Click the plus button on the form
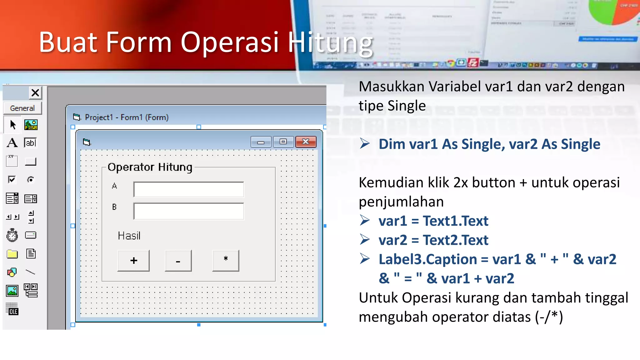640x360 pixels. pyautogui.click(x=133, y=260)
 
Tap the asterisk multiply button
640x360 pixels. pyautogui.click(x=226, y=260)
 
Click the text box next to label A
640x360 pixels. pyautogui.click(x=188, y=189)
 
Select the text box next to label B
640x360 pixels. pyautogui.click(x=188, y=211)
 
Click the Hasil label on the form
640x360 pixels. pyautogui.click(x=129, y=236)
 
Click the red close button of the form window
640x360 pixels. pyautogui.click(x=306, y=142)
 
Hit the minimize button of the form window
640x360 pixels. pyautogui.click(x=261, y=142)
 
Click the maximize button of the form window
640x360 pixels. pyautogui.click(x=283, y=142)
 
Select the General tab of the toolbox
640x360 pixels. pyautogui.click(x=22, y=108)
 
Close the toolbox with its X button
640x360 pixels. pyautogui.click(x=35, y=92)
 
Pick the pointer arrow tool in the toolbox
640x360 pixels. pyautogui.click(x=12, y=125)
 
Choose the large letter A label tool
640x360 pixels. pyautogui.click(x=12, y=143)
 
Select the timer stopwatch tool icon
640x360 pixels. pyautogui.click(x=12, y=235)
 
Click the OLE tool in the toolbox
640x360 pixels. pyautogui.click(x=12, y=309)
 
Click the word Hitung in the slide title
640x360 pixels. pyautogui.click(x=330, y=43)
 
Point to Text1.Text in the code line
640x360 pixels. pyautogui.click(x=455, y=221)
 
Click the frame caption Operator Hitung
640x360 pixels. pyautogui.click(x=150, y=167)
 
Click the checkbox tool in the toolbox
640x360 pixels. pyautogui.click(x=12, y=180)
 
